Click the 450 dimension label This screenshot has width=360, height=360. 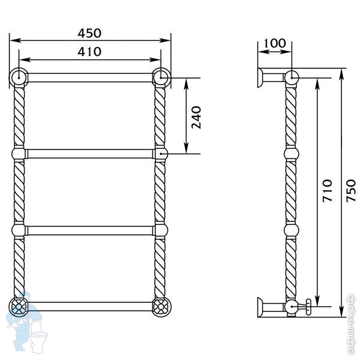point(89,33)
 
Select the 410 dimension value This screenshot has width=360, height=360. point(89,52)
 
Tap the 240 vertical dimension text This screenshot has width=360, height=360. point(196,118)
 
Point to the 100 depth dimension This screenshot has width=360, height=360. point(275,43)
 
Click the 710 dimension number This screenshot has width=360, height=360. point(327,191)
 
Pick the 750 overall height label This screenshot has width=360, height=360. point(351,191)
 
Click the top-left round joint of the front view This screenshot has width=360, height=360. point(19,77)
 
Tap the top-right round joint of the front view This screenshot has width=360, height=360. point(161,77)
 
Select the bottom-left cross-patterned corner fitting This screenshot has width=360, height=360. point(19,307)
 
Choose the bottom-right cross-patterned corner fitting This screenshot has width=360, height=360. point(161,307)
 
